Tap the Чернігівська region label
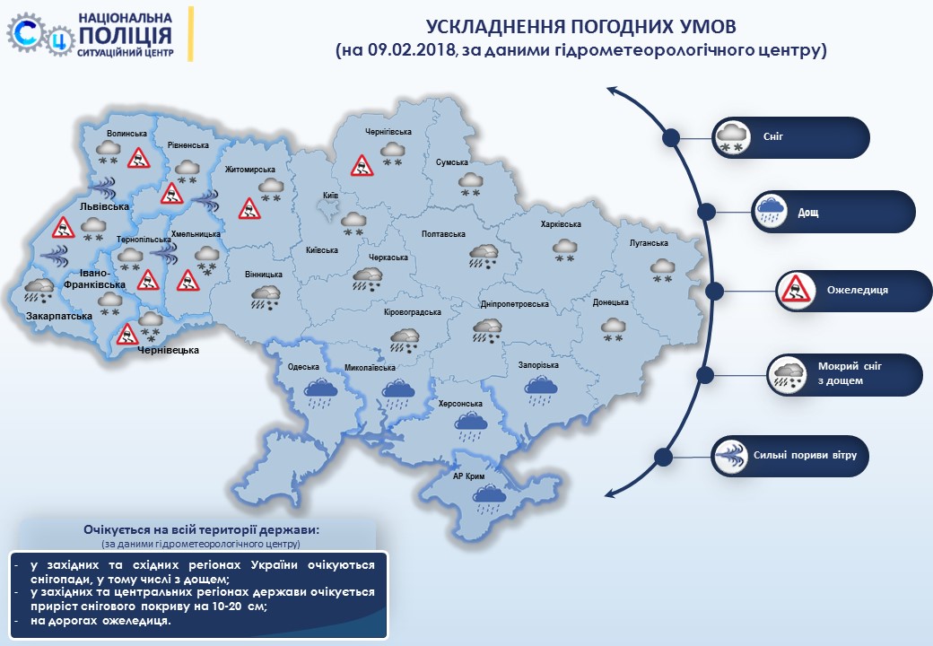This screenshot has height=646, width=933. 388,132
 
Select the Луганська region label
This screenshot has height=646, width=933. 649,243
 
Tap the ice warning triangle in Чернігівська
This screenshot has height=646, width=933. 362,165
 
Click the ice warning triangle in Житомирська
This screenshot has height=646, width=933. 248,209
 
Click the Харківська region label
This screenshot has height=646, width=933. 561,225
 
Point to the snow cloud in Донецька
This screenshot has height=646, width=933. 615,327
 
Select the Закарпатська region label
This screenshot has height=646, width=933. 58,317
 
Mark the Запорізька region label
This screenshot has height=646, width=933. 538,365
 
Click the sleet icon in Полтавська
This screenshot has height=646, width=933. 484,257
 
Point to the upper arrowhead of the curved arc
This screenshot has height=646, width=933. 611,90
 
